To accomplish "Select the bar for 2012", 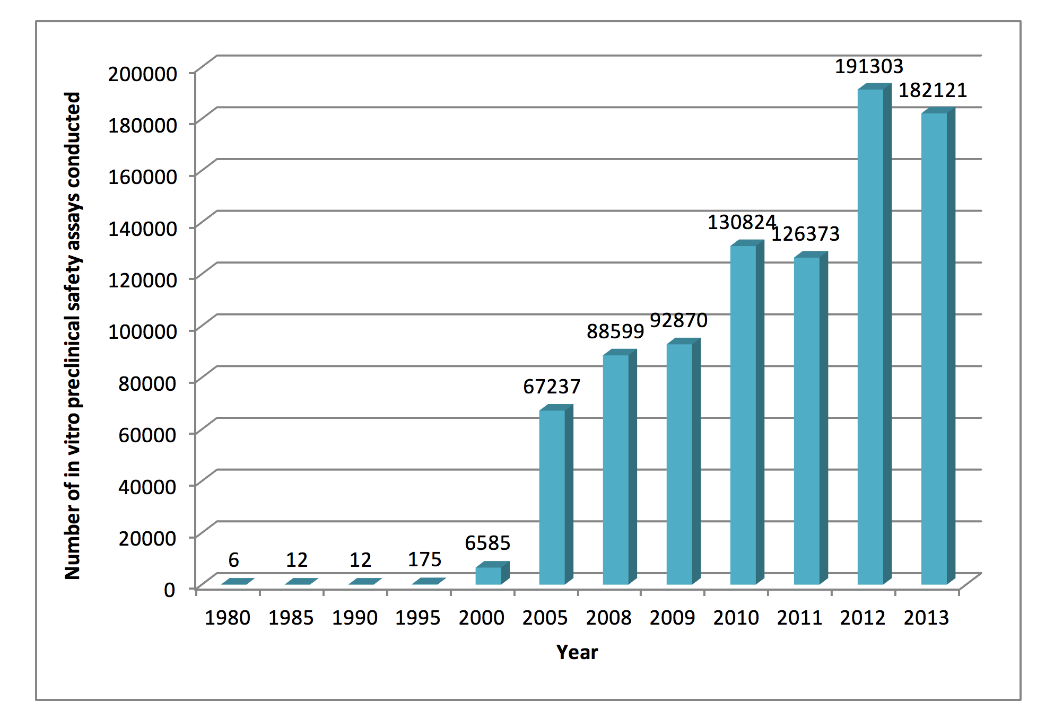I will (x=870, y=337).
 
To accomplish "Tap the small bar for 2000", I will (x=489, y=575).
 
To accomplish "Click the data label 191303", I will (x=869, y=67).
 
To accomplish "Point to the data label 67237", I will (x=552, y=387).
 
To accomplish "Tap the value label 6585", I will (x=487, y=543).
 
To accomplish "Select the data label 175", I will (x=424, y=559).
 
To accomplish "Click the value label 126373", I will (x=805, y=234).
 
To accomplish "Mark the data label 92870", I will (x=678, y=320).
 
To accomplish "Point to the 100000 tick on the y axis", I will (x=142, y=331).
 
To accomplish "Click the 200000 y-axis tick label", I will (x=142, y=73).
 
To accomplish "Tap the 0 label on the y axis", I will (x=169, y=590).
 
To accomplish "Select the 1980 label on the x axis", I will (x=227, y=618).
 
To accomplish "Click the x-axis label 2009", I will (x=672, y=618).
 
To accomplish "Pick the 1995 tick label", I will (x=417, y=618).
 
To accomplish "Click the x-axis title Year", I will (x=577, y=652).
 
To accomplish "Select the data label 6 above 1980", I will (x=233, y=560).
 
